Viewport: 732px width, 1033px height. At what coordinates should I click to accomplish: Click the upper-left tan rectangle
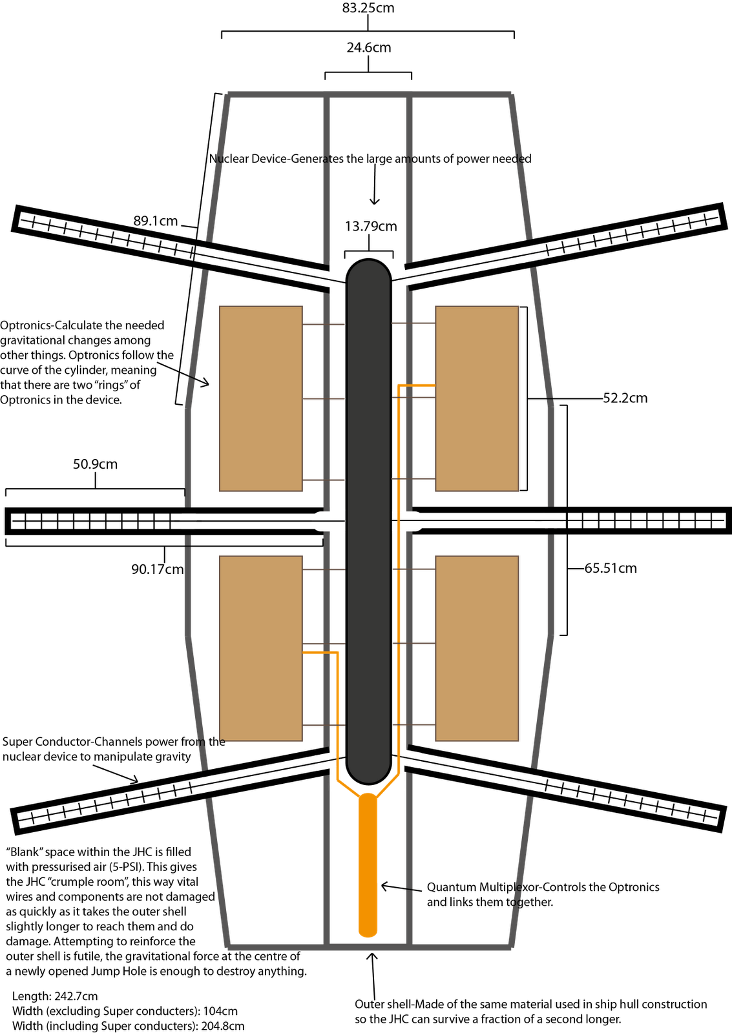pyautogui.click(x=260, y=398)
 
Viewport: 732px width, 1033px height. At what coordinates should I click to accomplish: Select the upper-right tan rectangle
pyautogui.click(x=477, y=398)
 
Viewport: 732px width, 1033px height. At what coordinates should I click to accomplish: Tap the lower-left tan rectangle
pyautogui.click(x=260, y=648)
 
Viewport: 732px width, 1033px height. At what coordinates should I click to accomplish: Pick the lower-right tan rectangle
pyautogui.click(x=477, y=648)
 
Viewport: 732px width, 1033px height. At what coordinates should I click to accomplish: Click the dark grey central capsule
pyautogui.click(x=368, y=516)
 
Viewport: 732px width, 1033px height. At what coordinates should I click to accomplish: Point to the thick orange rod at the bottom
pyautogui.click(x=368, y=865)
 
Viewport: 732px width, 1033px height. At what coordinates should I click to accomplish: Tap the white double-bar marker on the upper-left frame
pyautogui.click(x=208, y=256)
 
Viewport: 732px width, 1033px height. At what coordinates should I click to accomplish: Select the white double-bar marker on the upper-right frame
pyautogui.click(x=531, y=252)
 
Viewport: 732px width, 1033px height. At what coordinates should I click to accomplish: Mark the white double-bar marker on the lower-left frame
pyautogui.click(x=208, y=784)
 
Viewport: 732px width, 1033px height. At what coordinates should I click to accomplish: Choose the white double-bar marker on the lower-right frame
pyautogui.click(x=530, y=781)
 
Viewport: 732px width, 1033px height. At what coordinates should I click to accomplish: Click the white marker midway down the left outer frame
pyautogui.click(x=188, y=520)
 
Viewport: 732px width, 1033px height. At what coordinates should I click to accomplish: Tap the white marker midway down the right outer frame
pyautogui.click(x=550, y=520)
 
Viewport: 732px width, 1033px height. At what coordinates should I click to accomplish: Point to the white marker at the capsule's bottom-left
pyautogui.click(x=328, y=760)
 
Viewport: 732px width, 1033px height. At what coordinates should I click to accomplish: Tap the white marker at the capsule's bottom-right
pyautogui.click(x=409, y=759)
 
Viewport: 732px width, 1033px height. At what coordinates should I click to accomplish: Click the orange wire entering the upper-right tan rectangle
pyautogui.click(x=417, y=385)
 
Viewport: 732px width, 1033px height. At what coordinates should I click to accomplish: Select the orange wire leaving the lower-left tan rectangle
pyautogui.click(x=320, y=652)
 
